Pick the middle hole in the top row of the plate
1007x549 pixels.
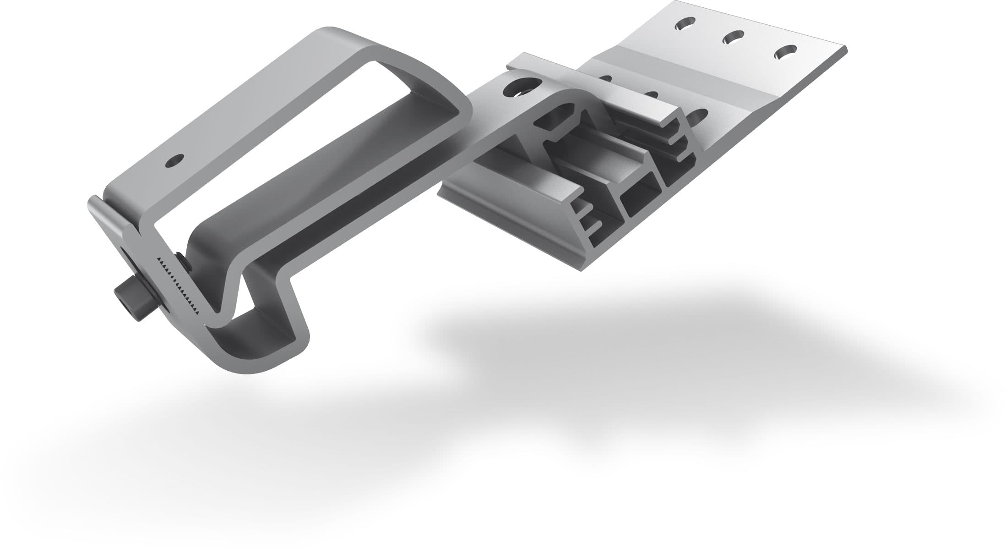click(733, 37)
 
